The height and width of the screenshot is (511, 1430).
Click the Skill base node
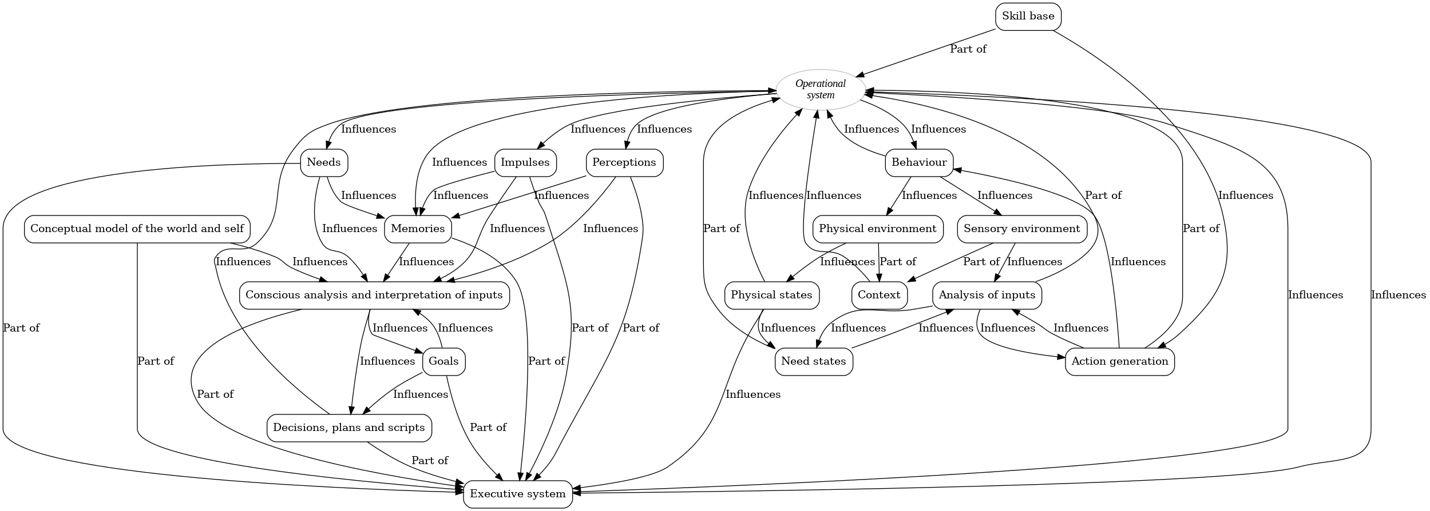tap(1028, 17)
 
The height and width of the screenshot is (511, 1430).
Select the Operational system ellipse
tap(820, 90)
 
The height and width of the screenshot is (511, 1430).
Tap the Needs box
tap(324, 163)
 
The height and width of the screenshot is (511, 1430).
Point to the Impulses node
tap(525, 163)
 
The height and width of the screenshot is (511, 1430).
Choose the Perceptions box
tap(624, 163)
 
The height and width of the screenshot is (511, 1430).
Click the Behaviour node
tap(919, 163)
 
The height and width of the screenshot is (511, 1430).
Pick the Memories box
tap(418, 229)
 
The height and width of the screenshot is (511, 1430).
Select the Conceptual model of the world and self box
tap(137, 229)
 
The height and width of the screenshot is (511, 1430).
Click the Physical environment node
tap(877, 229)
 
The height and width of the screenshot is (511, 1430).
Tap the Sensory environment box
tap(1021, 229)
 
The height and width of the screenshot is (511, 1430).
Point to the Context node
tap(879, 296)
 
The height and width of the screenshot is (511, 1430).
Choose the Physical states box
tap(771, 296)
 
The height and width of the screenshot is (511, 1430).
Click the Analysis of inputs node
tap(987, 296)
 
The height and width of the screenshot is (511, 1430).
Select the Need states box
tap(813, 362)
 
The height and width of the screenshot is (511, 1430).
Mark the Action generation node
tap(1119, 362)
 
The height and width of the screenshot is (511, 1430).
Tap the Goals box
tap(443, 362)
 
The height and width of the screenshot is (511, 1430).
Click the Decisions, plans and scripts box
tap(349, 428)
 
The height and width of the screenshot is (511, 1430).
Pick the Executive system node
tap(517, 494)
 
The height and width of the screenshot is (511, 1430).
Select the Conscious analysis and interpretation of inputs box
tap(374, 296)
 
